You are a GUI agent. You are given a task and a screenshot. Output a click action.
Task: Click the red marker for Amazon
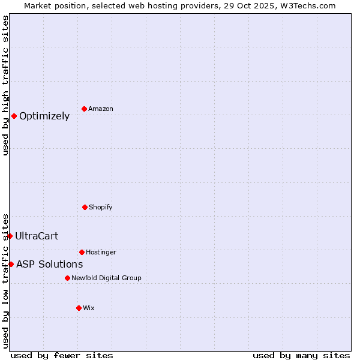pos(84,109)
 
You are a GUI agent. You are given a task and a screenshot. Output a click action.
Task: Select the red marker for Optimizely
pos(14,116)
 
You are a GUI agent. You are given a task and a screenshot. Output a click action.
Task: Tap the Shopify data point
pos(85,207)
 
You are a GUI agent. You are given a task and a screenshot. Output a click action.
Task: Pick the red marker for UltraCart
pos(10,236)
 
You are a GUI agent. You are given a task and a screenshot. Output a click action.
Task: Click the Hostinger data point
pos(82,252)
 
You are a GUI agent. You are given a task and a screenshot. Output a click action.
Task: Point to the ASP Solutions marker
pos(11,264)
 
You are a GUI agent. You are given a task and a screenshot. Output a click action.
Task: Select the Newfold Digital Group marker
pos(67,278)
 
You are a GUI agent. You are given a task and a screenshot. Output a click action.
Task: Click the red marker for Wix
pos(79,308)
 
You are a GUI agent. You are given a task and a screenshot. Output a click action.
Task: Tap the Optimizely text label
pos(44,116)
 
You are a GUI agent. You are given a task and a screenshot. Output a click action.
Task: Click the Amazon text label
pos(101,109)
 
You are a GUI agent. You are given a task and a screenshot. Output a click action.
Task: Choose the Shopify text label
pos(101,208)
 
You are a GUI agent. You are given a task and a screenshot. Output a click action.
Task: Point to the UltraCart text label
pos(37,236)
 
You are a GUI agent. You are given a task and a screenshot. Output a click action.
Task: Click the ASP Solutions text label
pos(49,265)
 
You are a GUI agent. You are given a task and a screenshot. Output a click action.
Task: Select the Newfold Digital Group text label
pos(106,278)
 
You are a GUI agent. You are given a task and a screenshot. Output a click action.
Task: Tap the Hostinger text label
pos(101,253)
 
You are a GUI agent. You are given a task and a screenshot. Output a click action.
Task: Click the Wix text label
pos(89,308)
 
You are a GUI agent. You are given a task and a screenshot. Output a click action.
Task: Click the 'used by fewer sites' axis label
pos(62,355)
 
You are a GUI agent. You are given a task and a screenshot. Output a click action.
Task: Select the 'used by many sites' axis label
pos(301,355)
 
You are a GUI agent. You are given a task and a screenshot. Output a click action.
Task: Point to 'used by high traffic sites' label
pos(5,85)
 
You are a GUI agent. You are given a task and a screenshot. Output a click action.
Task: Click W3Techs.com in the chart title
pos(306,5)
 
